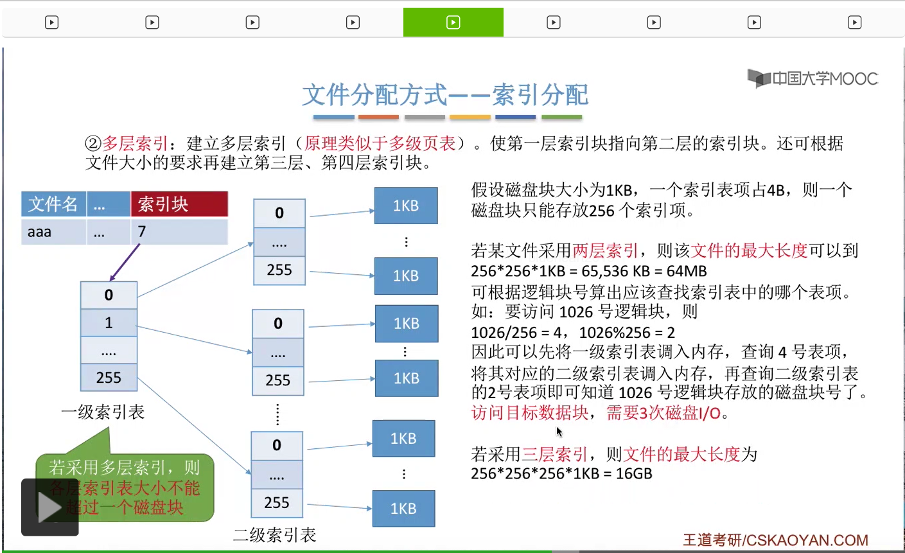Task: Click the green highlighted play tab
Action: [x=453, y=22]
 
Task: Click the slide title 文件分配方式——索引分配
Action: [x=445, y=95]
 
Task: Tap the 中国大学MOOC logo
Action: [x=813, y=78]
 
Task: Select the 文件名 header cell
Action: [x=53, y=204]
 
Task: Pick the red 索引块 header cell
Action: [x=179, y=204]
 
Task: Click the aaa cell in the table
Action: [x=53, y=232]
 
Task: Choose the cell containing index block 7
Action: [x=179, y=232]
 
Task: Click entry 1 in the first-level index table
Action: [x=109, y=322]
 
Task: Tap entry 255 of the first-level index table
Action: [x=109, y=378]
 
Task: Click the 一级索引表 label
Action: [x=103, y=412]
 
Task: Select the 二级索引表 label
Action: [x=275, y=535]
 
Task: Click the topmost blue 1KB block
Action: [x=406, y=206]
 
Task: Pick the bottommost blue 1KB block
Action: [x=403, y=509]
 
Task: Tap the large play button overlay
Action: [x=49, y=507]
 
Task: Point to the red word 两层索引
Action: [x=605, y=250]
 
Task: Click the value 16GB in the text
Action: [x=634, y=474]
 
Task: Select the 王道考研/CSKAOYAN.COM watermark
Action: [x=775, y=540]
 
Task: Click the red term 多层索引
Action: [x=136, y=143]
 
